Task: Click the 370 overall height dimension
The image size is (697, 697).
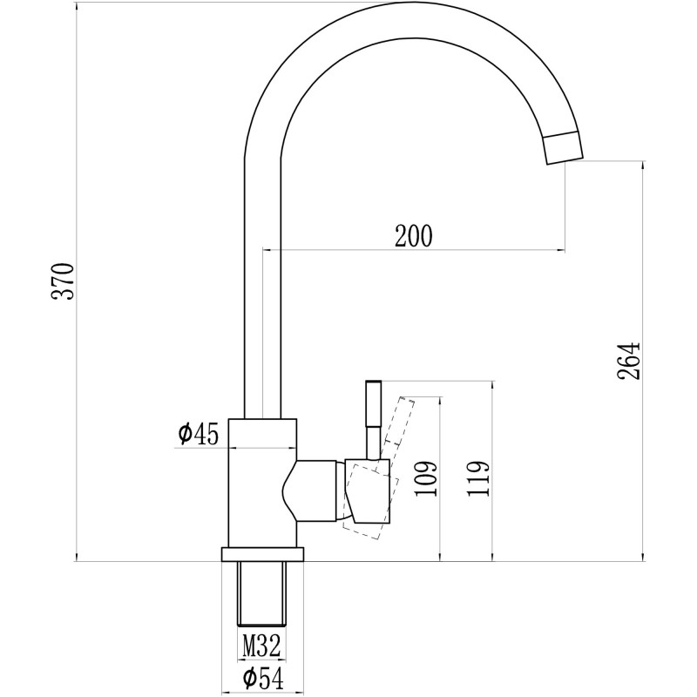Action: click(63, 281)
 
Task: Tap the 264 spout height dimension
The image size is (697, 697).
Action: click(628, 362)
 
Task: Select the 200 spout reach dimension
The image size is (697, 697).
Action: click(413, 236)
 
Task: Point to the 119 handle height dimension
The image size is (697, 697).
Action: click(478, 478)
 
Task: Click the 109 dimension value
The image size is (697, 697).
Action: click(427, 478)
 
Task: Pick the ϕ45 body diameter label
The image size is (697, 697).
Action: click(199, 434)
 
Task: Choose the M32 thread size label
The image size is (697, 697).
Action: click(261, 646)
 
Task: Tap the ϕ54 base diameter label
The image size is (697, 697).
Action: click(263, 679)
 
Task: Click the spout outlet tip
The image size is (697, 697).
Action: click(564, 148)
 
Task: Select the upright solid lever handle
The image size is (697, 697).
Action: click(374, 419)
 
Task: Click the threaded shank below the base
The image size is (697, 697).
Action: click(261, 594)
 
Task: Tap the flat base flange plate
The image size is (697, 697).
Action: click(262, 554)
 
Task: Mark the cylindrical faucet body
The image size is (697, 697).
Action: click(262, 483)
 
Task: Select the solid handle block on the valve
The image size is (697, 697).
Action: click(368, 491)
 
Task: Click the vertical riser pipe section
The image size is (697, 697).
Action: click(263, 288)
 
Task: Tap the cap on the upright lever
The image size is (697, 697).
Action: click(374, 381)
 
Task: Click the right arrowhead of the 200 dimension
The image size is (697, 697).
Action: click(561, 250)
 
